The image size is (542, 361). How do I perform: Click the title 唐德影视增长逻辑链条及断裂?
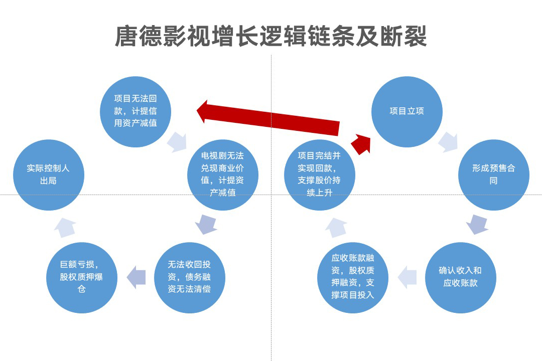point(271,36)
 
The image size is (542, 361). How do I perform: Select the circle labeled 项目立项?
point(406,111)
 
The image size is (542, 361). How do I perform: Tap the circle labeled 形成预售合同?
point(493,174)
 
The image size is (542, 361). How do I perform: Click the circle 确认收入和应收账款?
point(460,277)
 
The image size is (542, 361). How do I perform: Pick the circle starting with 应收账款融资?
point(353,277)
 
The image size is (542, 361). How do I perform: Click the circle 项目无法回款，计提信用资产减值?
point(135,111)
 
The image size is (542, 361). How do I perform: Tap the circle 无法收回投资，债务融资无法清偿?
point(189,277)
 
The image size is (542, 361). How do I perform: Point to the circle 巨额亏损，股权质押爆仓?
point(81,277)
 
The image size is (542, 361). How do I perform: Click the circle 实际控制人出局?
point(48,174)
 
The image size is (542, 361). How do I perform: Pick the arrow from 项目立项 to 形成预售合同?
point(448,142)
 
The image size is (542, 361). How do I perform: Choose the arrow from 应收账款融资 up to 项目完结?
point(336,227)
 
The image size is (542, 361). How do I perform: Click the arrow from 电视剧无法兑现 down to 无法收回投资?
point(205,224)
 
